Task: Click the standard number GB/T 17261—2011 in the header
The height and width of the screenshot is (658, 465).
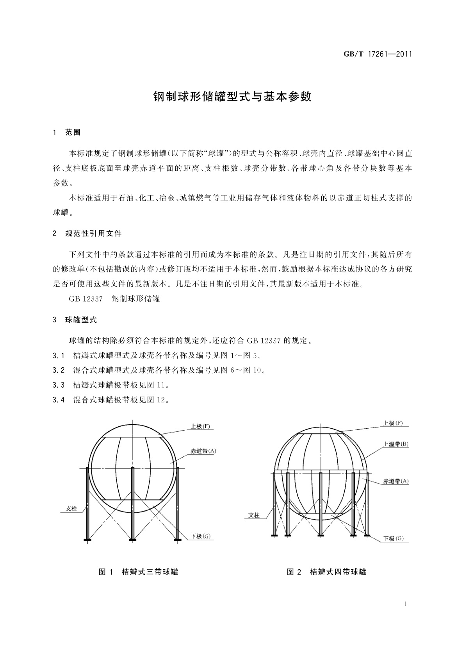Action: tap(378, 54)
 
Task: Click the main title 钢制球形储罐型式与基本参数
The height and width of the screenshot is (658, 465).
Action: tap(232, 97)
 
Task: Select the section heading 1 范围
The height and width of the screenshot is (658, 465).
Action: tap(67, 132)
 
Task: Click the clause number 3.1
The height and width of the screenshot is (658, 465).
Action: tap(59, 356)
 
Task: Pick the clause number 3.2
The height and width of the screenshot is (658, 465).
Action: tap(59, 370)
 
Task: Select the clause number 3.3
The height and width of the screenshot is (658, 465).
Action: tap(59, 385)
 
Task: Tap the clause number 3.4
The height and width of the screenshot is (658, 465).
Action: tap(59, 400)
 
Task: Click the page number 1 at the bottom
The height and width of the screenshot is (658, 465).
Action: tap(405, 604)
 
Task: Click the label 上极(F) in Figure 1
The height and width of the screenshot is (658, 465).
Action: tap(200, 426)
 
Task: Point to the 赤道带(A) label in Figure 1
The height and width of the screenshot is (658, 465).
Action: tap(203, 451)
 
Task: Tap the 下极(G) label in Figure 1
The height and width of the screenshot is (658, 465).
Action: tap(201, 536)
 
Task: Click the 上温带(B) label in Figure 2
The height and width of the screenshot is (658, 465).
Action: tap(396, 444)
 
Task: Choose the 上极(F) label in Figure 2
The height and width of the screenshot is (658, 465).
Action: tap(393, 423)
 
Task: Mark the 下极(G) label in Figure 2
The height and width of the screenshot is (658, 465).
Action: tap(394, 538)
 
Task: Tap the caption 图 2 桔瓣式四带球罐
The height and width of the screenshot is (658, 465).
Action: tap(327, 572)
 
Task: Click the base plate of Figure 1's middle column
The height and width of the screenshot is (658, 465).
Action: tap(133, 540)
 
